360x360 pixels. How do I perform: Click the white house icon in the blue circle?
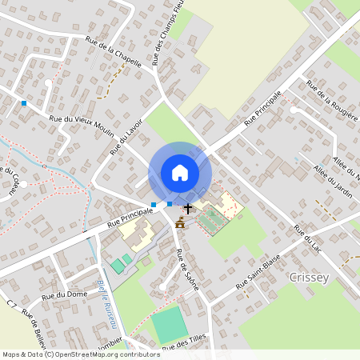pyautogui.click(x=179, y=172)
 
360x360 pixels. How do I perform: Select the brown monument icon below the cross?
pyautogui.click(x=181, y=224)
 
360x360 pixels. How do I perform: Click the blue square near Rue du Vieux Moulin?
pyautogui.click(x=24, y=103)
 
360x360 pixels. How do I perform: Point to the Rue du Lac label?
pyautogui.click(x=307, y=241)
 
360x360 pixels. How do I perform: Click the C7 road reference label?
pyautogui.click(x=11, y=306)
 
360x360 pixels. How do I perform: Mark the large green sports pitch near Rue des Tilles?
pyautogui.click(x=169, y=324)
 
